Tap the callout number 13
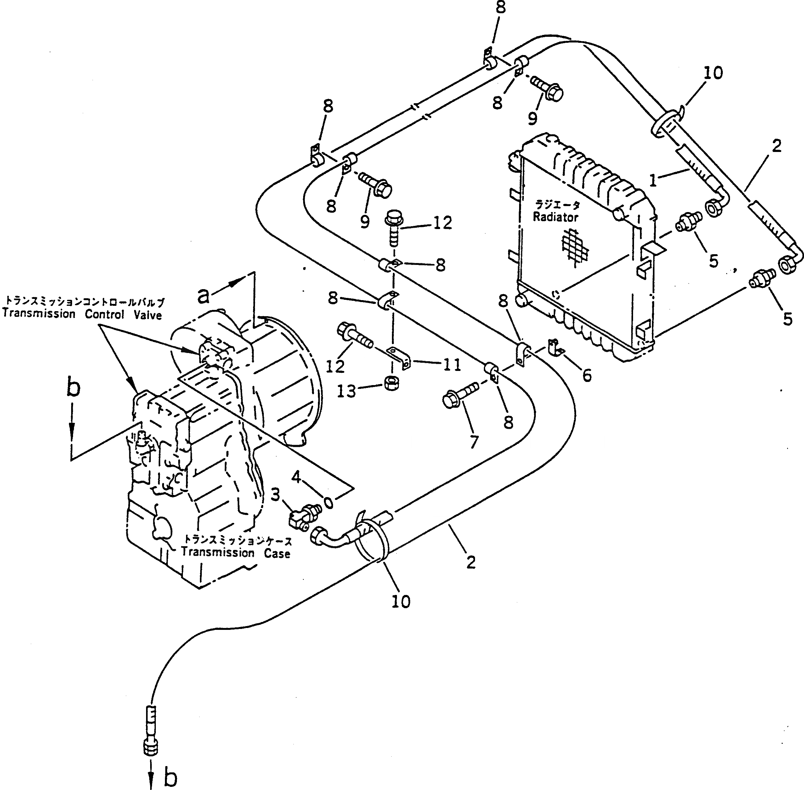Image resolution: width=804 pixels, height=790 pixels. [347, 391]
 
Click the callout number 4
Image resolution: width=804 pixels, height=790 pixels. [296, 478]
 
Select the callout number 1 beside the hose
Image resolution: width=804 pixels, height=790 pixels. [653, 180]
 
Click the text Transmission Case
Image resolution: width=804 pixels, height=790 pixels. [235, 553]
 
